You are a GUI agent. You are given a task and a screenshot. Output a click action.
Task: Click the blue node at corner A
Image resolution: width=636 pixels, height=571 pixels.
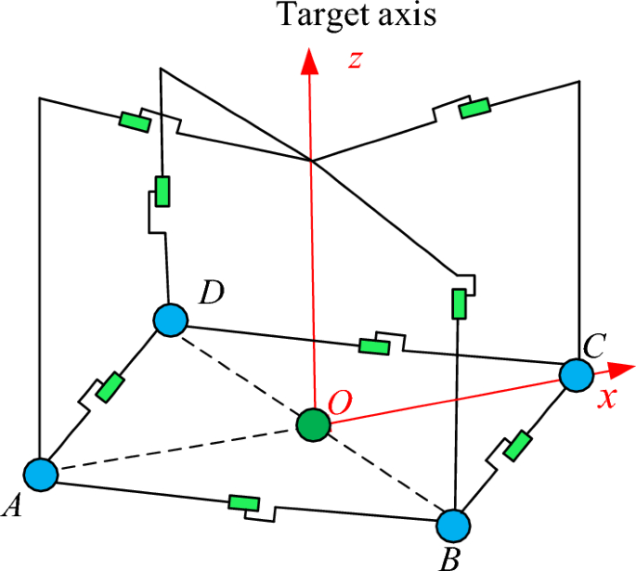click(x=41, y=474)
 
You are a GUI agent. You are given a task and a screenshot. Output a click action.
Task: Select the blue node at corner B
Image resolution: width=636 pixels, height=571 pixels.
click(x=454, y=526)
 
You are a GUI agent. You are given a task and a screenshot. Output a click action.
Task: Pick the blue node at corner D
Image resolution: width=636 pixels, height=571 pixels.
click(x=171, y=320)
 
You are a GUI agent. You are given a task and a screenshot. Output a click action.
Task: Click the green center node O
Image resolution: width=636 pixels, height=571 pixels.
click(x=313, y=426)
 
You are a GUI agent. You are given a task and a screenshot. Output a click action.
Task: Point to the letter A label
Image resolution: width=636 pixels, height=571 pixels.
click(x=14, y=506)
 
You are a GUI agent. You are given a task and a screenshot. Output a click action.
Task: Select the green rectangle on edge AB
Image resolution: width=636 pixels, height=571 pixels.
click(x=243, y=504)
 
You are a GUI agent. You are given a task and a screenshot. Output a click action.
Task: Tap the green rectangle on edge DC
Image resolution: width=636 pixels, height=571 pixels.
click(x=373, y=346)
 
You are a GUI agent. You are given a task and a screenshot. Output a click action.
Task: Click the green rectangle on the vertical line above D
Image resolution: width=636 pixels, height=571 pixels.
click(x=163, y=191)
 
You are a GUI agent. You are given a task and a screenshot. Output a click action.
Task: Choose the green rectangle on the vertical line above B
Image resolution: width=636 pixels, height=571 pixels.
click(x=458, y=303)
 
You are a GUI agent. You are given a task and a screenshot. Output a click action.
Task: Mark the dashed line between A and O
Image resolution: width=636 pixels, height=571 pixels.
click(x=176, y=450)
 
